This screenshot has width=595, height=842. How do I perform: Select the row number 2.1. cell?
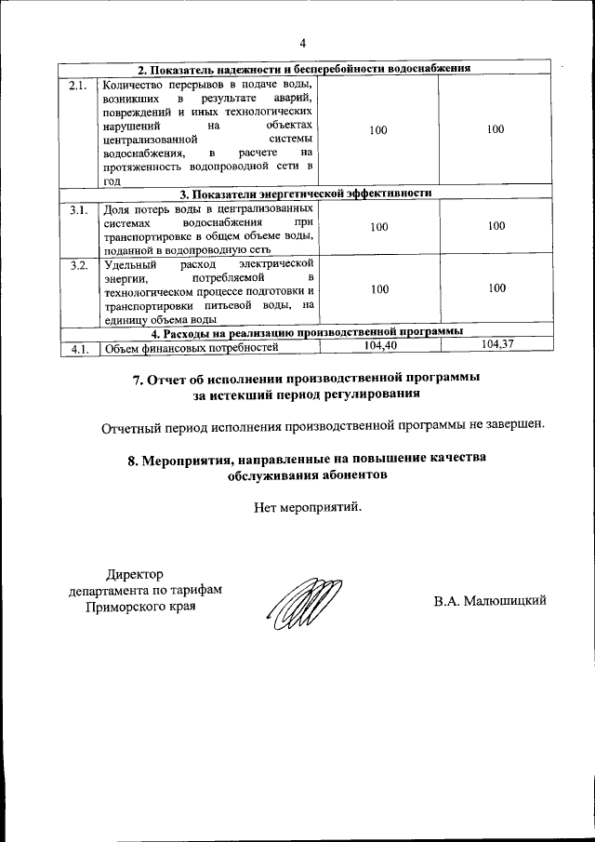[78, 87]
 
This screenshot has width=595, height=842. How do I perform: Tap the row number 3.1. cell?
[78, 209]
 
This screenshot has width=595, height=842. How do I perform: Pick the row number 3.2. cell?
[78, 266]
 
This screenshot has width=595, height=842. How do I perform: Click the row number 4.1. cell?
[78, 349]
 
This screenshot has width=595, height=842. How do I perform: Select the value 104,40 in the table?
[378, 345]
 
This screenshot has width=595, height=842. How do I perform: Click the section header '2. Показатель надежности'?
[304, 70]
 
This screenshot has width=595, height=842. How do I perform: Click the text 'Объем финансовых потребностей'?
[192, 349]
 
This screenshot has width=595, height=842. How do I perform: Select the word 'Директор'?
[135, 574]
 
